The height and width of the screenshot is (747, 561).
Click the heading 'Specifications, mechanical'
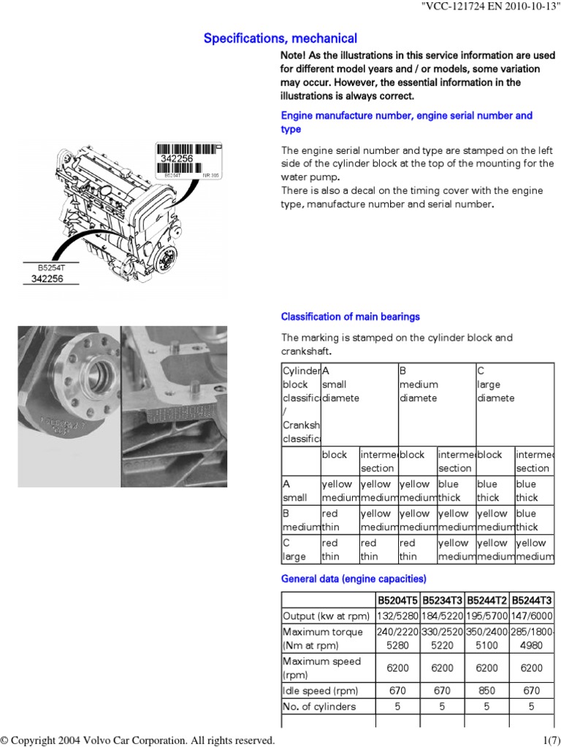click(x=280, y=39)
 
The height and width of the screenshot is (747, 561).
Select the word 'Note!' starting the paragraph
click(x=295, y=56)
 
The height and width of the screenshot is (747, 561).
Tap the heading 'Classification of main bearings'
click(x=351, y=317)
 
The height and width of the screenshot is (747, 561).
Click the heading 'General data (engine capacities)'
click(x=354, y=579)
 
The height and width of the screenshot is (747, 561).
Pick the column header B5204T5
click(x=397, y=600)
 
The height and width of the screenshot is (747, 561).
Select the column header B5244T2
click(x=486, y=600)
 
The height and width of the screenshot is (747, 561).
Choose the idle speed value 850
click(x=486, y=690)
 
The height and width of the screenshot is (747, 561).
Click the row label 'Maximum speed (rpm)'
click(x=321, y=667)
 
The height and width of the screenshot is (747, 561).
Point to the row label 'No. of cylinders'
click(x=319, y=705)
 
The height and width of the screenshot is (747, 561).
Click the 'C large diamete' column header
click(x=496, y=384)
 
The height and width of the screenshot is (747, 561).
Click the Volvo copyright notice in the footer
click(x=138, y=740)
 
